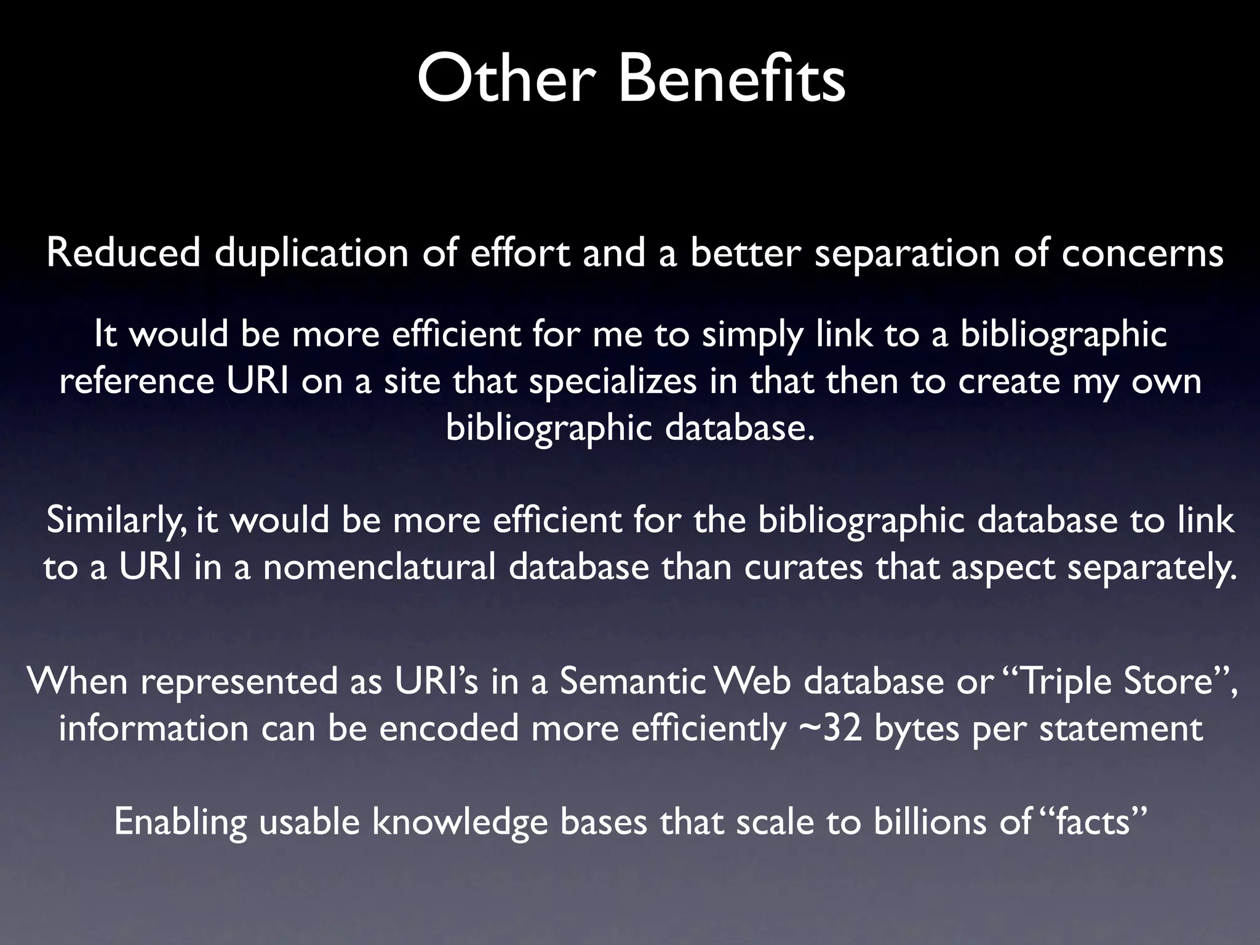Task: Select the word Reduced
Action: [123, 253]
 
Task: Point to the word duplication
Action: [311, 254]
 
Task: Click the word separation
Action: [907, 254]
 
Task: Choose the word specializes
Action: [613, 383]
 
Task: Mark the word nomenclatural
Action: [379, 567]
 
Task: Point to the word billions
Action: [929, 823]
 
